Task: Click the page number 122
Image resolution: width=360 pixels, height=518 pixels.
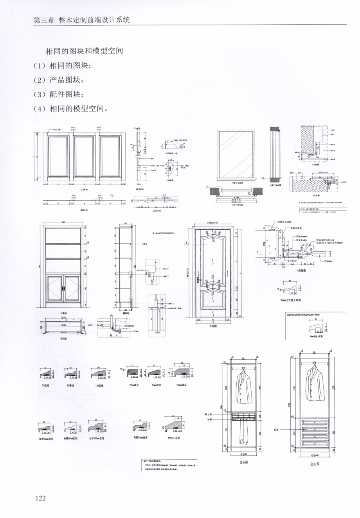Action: [40, 498]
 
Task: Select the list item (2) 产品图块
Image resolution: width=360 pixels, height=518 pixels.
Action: [59, 80]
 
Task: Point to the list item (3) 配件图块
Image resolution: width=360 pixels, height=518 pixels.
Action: [59, 94]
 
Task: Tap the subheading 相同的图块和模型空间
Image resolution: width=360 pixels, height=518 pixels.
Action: [85, 51]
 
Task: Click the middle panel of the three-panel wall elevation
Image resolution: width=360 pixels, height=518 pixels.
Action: [85, 156]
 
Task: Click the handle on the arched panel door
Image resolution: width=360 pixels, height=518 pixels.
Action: [200, 280]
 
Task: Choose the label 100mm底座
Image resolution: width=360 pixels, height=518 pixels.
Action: [183, 385]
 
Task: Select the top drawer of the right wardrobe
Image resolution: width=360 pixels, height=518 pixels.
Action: [315, 423]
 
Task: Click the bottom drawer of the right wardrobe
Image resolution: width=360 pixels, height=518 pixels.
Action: [315, 444]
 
